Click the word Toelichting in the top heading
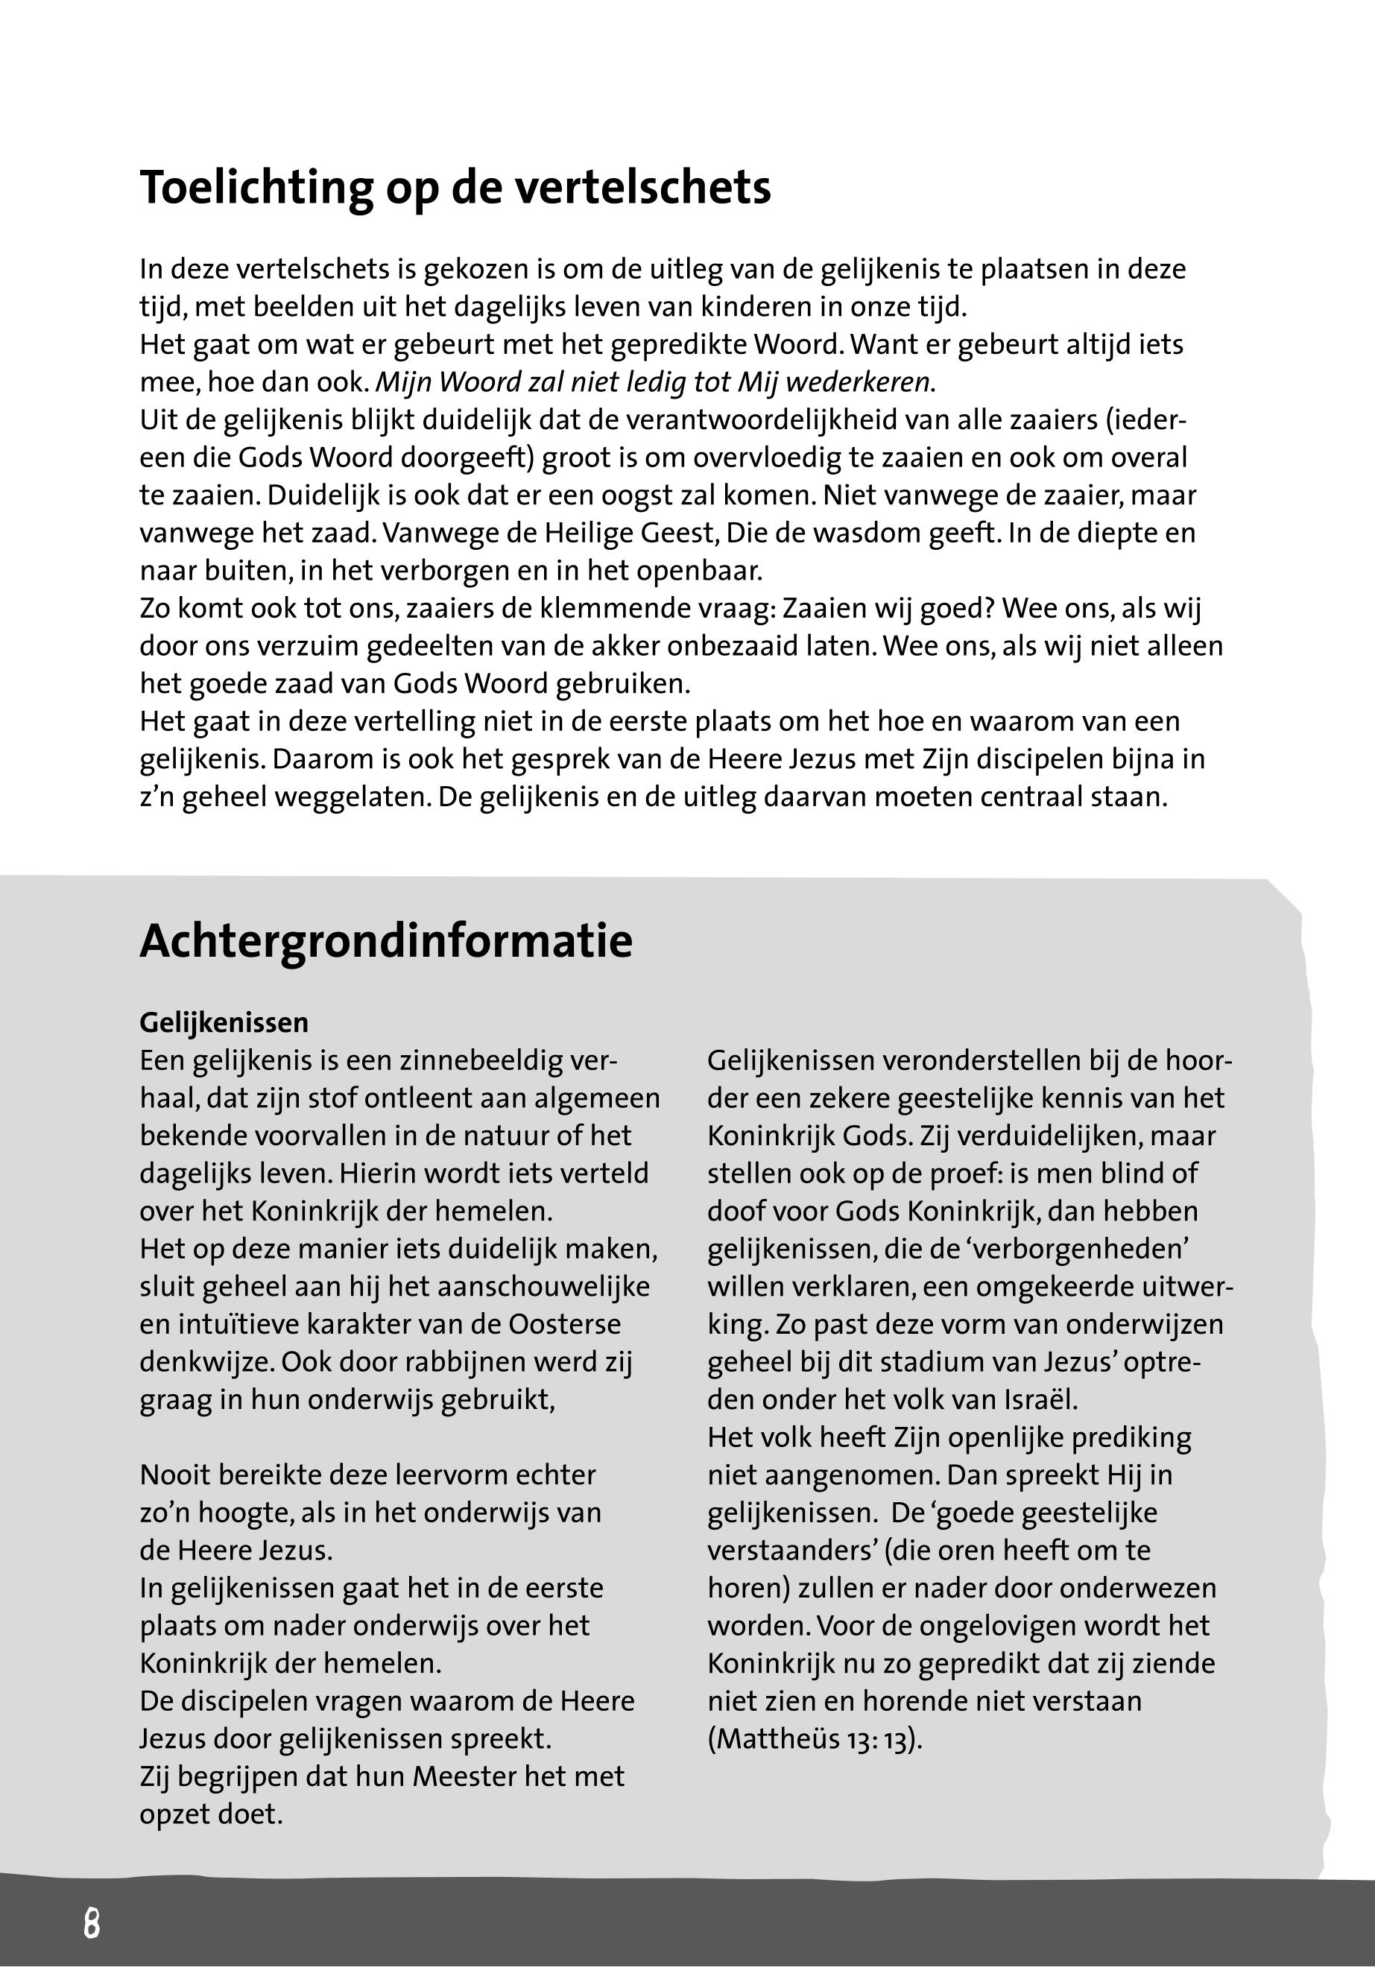pyautogui.click(x=256, y=188)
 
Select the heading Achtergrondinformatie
pyautogui.click(x=386, y=940)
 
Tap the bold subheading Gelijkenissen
pyautogui.click(x=224, y=1022)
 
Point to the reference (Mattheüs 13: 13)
pyautogui.click(x=814, y=1739)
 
